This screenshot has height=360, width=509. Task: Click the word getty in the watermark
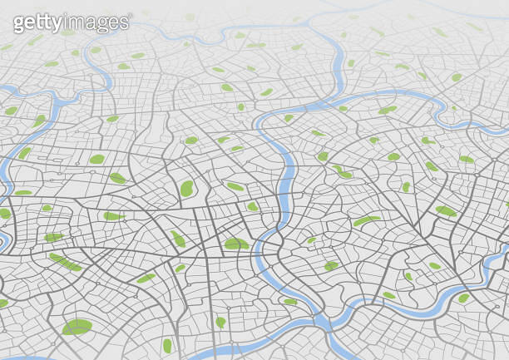tap(38, 22)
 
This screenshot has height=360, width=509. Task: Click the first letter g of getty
tap(18, 24)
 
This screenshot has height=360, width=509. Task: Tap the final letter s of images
tap(123, 22)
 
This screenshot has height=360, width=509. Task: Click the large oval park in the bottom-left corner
tap(77, 327)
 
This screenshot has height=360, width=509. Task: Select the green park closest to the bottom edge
tap(166, 345)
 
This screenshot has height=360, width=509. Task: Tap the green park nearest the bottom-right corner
tap(463, 298)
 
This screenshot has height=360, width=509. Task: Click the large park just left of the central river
tap(236, 244)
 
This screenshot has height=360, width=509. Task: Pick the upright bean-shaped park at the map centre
tap(186, 189)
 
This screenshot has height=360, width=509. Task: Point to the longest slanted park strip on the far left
tap(65, 262)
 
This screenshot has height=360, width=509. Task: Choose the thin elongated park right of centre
tap(366, 220)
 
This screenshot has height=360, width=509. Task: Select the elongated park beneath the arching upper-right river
tap(388, 109)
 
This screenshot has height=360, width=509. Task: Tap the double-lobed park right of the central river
tap(342, 172)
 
